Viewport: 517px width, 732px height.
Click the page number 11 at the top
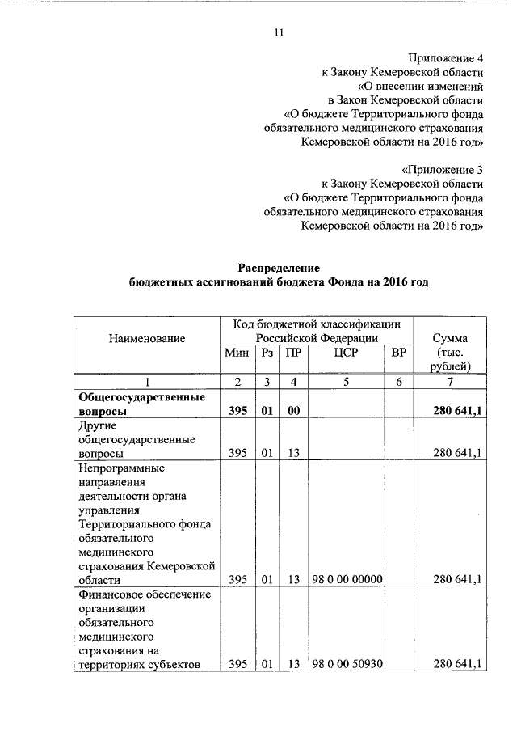click(279, 33)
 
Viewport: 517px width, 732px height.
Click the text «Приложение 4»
click(445, 57)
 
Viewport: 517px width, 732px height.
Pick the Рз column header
click(267, 353)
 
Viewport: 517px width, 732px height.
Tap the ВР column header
click(397, 353)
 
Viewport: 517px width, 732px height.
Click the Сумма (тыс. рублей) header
click(449, 353)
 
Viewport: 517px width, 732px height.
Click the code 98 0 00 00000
click(347, 579)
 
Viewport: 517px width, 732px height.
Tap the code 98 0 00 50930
click(347, 664)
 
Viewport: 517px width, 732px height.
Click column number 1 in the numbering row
click(147, 381)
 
